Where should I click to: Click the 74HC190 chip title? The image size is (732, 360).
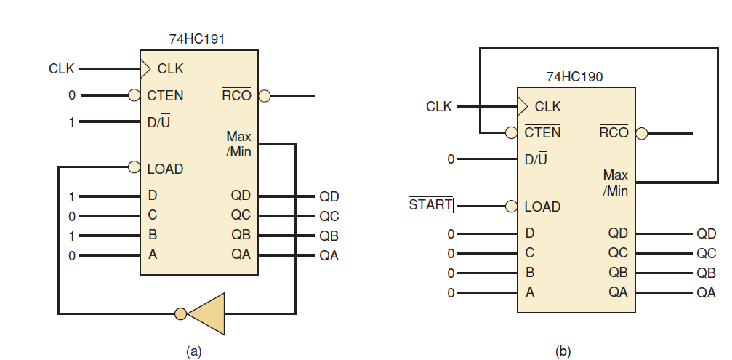coord(574,76)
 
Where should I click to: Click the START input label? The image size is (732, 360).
coord(430,204)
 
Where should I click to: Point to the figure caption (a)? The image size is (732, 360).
coord(193,351)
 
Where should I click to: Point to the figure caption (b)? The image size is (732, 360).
coord(563,351)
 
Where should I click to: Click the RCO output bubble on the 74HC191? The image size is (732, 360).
coord(264,95)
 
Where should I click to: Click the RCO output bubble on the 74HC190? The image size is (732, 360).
coord(641,133)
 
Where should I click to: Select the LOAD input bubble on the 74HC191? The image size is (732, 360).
coord(134,167)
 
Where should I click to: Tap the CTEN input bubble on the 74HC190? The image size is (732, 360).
coord(511,133)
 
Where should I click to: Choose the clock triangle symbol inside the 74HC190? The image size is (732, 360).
coord(522,106)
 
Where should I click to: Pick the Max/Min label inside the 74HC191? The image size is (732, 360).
coord(238,144)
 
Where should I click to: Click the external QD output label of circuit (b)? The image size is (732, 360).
coord(706,233)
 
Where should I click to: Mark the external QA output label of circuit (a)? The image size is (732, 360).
coord(329,255)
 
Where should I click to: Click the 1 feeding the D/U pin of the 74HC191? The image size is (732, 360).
coord(72,122)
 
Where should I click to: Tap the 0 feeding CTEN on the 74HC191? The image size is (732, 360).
coord(72,95)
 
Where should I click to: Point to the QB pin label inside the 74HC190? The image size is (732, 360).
coord(618,273)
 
